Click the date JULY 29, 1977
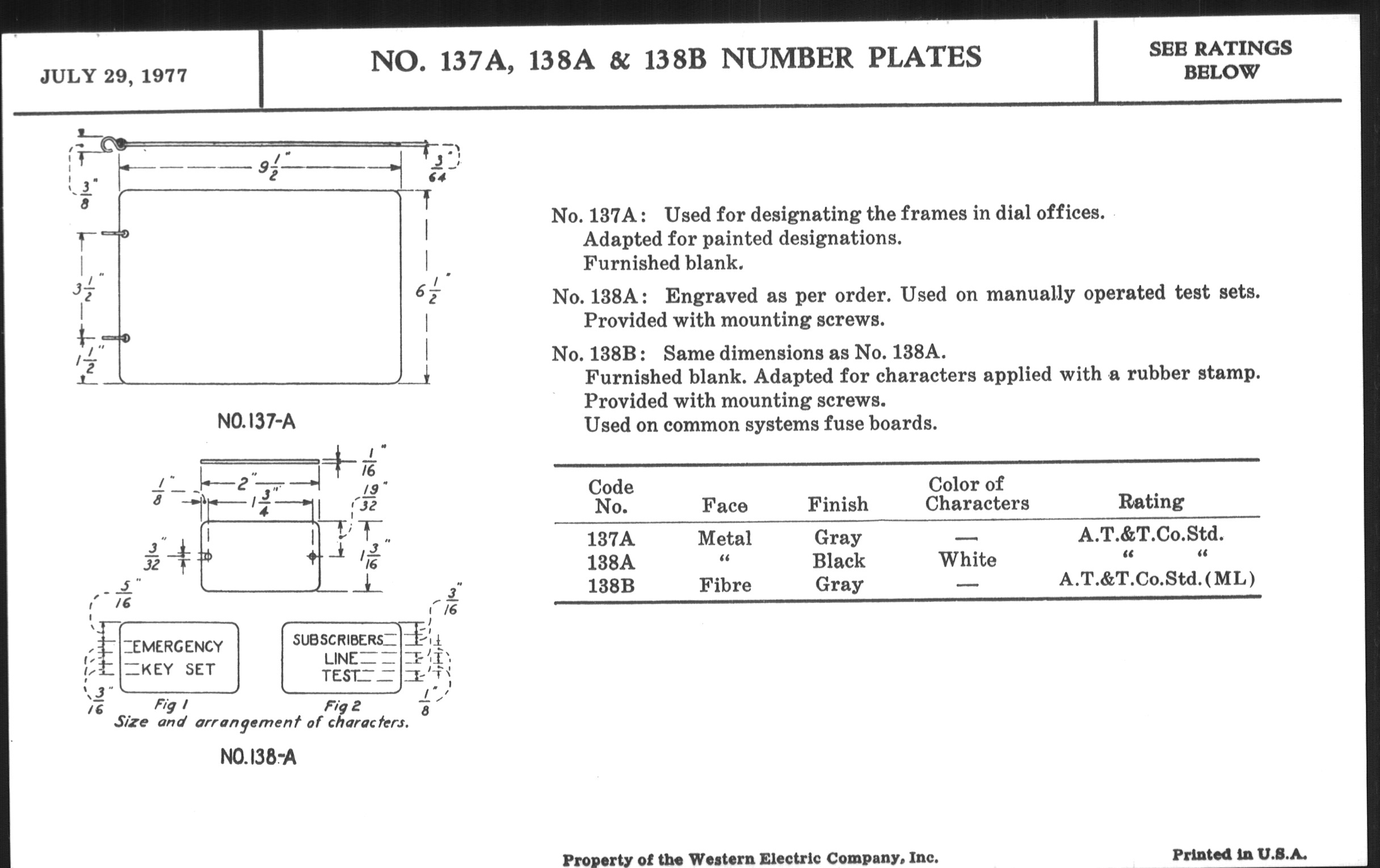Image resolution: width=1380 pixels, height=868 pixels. click(113, 76)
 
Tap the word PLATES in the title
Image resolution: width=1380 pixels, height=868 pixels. click(924, 57)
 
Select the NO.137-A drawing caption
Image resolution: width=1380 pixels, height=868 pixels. click(256, 422)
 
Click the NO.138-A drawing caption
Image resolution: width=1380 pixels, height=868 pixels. click(258, 757)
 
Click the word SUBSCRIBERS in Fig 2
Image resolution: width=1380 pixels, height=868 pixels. click(338, 639)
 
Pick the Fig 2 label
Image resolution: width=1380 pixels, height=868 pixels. click(342, 706)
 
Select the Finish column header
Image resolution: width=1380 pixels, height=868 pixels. click(838, 504)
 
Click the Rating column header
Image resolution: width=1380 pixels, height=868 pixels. click(1151, 502)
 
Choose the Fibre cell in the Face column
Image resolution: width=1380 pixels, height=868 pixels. click(725, 585)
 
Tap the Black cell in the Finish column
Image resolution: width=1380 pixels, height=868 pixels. click(838, 561)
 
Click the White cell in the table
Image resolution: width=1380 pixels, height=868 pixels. click(967, 559)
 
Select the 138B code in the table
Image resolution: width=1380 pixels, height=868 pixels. click(611, 585)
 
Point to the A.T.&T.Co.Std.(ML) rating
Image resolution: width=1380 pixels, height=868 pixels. click(1156, 579)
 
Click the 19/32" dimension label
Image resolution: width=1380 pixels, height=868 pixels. click(369, 497)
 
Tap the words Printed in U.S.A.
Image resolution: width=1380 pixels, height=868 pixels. click(1239, 854)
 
